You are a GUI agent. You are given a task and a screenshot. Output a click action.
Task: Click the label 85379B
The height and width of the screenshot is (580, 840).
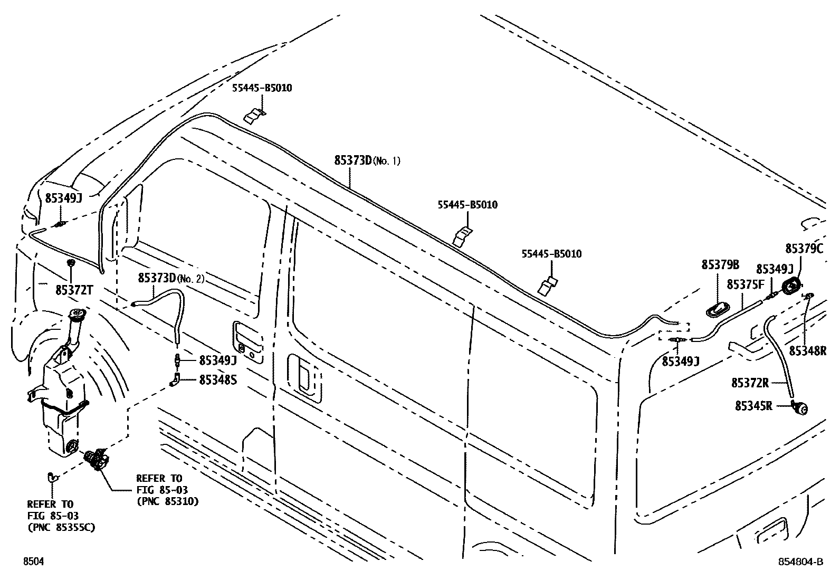click(720, 265)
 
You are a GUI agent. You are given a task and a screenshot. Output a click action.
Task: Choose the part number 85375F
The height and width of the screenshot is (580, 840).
click(746, 284)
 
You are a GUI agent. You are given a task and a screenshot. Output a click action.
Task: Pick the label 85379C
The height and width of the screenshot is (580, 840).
click(804, 249)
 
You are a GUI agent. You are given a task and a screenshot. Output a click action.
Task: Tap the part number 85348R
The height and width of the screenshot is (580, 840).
click(807, 350)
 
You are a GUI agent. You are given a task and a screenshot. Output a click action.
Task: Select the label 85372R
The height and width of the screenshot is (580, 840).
click(750, 383)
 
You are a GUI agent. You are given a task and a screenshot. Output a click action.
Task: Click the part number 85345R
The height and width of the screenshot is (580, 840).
click(753, 406)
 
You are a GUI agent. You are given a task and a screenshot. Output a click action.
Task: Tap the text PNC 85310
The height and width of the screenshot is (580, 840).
click(168, 501)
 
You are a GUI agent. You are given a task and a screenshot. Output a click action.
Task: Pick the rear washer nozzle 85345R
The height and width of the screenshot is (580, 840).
click(801, 407)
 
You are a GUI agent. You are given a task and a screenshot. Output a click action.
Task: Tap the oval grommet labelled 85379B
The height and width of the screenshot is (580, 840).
click(717, 310)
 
